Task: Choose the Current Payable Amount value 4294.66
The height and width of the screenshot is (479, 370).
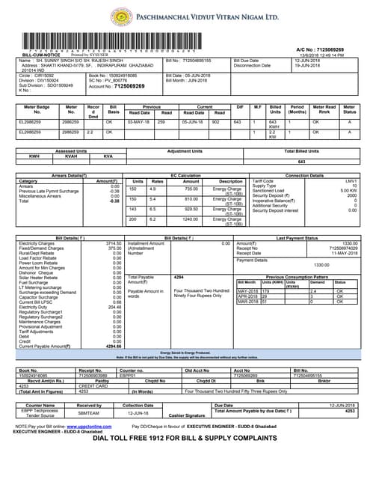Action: click(x=112, y=347)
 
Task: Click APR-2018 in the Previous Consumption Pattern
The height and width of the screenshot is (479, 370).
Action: click(x=247, y=296)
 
